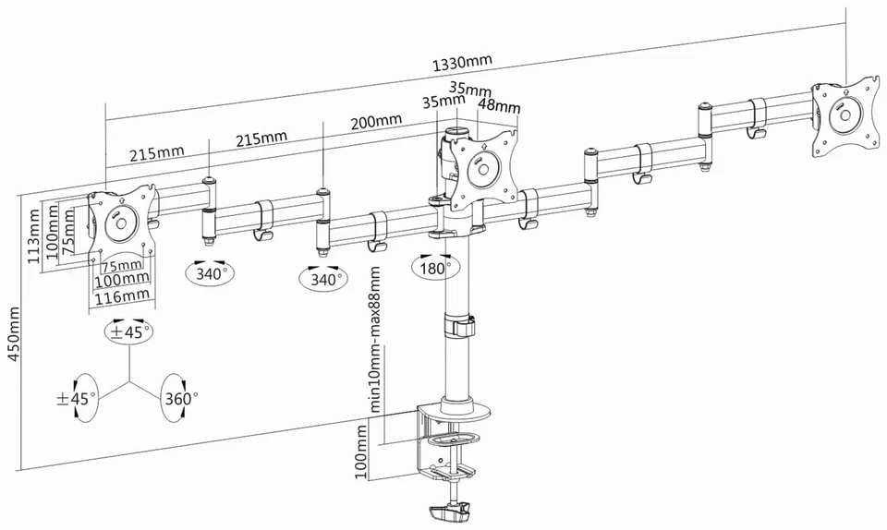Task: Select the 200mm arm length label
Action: [x=375, y=121]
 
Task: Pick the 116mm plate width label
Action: [x=123, y=295]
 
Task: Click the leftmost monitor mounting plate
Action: [x=120, y=222]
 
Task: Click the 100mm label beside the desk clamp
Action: [x=361, y=452]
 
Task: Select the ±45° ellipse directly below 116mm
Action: [x=129, y=332]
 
